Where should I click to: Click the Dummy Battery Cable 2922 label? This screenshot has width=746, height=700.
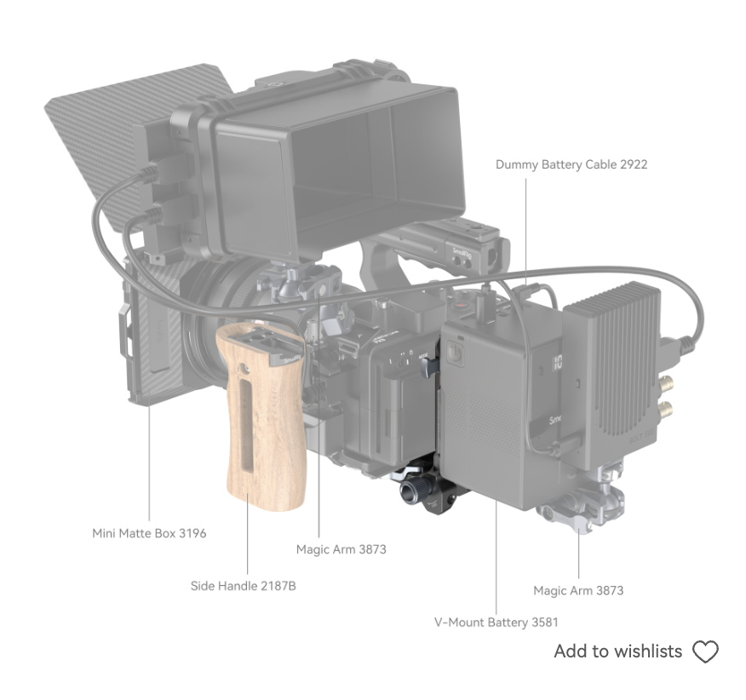(x=571, y=164)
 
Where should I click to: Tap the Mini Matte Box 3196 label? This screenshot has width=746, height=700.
(x=149, y=533)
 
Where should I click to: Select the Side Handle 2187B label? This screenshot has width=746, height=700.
(x=243, y=586)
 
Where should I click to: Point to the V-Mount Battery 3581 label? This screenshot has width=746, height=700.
(x=496, y=623)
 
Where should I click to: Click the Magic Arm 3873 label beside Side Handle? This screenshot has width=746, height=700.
(x=341, y=549)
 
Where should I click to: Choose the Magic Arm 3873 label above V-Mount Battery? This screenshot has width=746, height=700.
(x=578, y=590)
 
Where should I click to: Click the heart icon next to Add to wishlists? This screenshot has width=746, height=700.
(x=705, y=651)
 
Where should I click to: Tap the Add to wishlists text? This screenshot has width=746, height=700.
(x=618, y=651)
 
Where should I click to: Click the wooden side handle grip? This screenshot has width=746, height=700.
(x=261, y=419)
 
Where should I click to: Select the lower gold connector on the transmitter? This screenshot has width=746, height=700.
(x=666, y=408)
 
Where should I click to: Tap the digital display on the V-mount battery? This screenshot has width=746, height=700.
(x=557, y=362)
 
